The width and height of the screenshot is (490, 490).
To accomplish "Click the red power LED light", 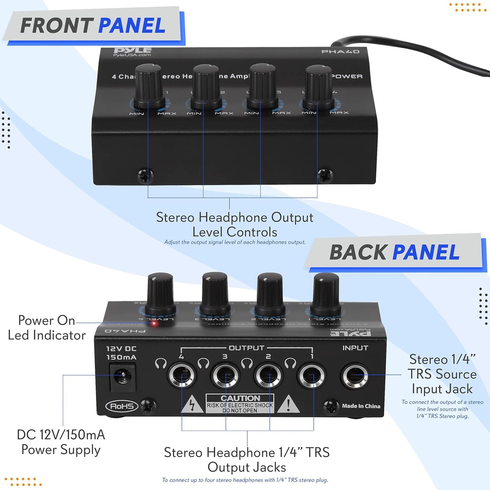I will (154, 323).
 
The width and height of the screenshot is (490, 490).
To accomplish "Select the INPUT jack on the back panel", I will (355, 376).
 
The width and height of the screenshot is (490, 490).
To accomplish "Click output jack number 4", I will (182, 376).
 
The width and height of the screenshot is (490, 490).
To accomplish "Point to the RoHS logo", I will (122, 406).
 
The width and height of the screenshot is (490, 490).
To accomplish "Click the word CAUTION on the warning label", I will (240, 398).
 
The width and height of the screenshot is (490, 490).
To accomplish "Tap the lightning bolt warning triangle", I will (192, 405).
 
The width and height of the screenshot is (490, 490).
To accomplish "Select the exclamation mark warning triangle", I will (288, 404).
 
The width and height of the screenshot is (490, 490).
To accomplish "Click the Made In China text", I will (361, 406).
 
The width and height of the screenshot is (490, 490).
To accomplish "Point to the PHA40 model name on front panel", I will (340, 52).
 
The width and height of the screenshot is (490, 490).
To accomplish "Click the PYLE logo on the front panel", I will (132, 51).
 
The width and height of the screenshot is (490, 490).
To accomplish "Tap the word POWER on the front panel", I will (347, 76).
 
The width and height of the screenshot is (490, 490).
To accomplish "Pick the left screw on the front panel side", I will (146, 176).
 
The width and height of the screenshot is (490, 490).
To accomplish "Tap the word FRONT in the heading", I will (57, 26).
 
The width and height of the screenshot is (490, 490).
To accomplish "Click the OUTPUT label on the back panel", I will (246, 348).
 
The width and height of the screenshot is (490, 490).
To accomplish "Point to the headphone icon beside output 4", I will (161, 364).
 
